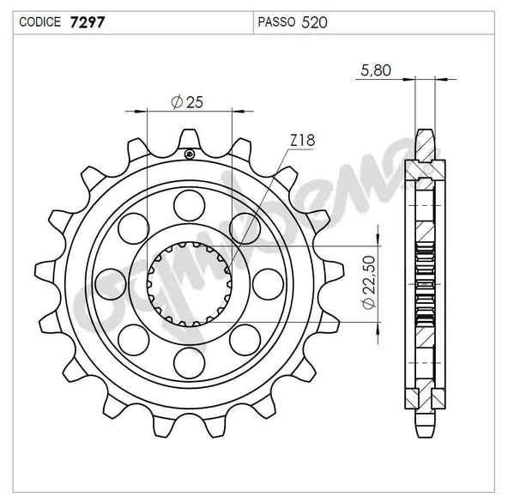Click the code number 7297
pos(88,22)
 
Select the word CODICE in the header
pos(39,22)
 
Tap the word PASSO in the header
pos(276,22)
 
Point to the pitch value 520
pos(314,22)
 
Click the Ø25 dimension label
pos(187,102)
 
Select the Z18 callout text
pos(303,140)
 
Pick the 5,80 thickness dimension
pos(376,70)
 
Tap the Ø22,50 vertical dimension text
pos(369,282)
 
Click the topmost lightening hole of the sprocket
pos(189,205)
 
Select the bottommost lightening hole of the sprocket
pos(189,363)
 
